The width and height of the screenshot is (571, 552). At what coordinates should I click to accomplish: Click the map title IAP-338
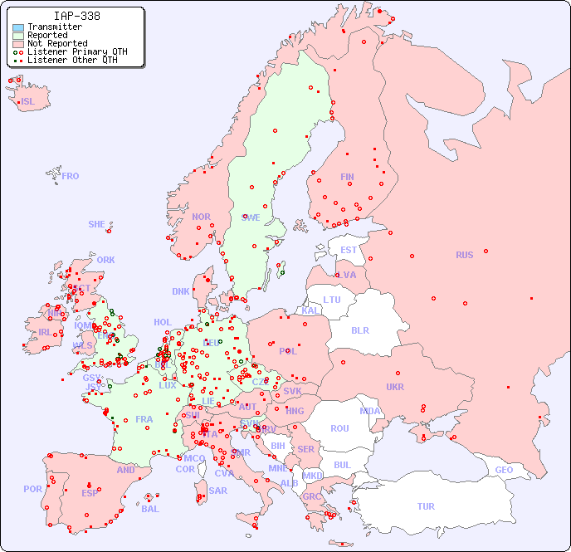click(x=77, y=16)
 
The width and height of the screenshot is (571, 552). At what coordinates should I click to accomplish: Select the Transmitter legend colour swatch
click(x=18, y=27)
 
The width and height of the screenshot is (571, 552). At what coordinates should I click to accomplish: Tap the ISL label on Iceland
click(x=28, y=102)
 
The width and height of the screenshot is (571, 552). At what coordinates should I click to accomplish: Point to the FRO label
click(x=71, y=176)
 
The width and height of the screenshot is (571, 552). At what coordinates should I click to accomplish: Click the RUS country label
click(x=464, y=255)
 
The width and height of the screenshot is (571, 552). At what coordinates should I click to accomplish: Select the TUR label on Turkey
click(x=426, y=506)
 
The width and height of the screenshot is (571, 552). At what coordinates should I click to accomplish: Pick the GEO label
click(x=504, y=470)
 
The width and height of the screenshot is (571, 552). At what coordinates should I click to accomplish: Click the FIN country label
click(x=347, y=177)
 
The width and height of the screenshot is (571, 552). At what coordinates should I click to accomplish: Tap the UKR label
click(x=395, y=387)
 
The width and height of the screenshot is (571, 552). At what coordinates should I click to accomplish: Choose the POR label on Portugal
click(x=32, y=489)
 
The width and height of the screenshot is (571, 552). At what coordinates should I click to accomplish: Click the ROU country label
click(x=339, y=428)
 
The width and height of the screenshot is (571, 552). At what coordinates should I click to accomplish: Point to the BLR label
click(x=359, y=330)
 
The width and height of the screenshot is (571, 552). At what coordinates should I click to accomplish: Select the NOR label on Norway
click(x=201, y=217)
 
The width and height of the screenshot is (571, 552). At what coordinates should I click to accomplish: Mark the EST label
click(x=349, y=250)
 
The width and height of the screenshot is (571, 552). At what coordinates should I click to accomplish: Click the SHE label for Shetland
click(x=97, y=224)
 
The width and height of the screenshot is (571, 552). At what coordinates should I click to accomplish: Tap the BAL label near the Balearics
click(x=150, y=509)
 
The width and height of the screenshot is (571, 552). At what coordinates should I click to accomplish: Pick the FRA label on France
click(x=144, y=419)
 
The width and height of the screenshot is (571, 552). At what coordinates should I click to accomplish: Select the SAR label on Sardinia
click(x=217, y=491)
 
